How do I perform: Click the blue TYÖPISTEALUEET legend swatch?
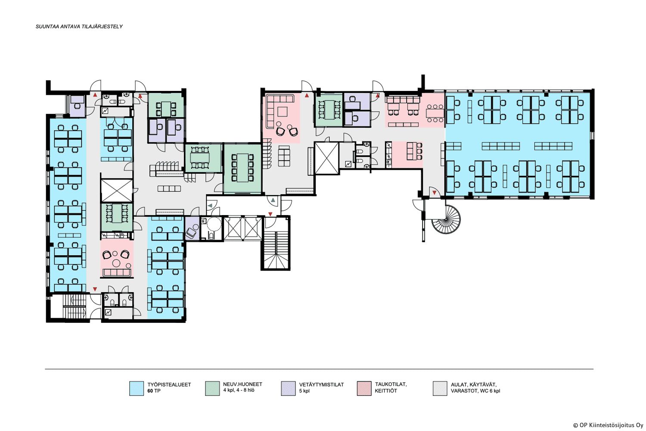[137, 388]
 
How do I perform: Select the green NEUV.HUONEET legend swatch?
[213, 388]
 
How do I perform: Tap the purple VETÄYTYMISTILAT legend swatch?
[289, 388]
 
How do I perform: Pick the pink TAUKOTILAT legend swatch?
[364, 388]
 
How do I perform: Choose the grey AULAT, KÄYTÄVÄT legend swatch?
[440, 388]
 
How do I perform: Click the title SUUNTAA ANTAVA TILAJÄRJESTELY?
[79, 27]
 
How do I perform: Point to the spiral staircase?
[446, 220]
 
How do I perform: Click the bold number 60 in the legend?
[150, 391]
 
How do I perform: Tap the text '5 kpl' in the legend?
[304, 391]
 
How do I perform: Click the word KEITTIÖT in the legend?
[386, 391]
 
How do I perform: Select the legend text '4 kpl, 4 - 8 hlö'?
[239, 390]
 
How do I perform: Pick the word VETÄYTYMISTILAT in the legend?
[322, 384]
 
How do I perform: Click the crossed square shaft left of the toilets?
[326, 158]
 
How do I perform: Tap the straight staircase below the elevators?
[276, 250]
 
